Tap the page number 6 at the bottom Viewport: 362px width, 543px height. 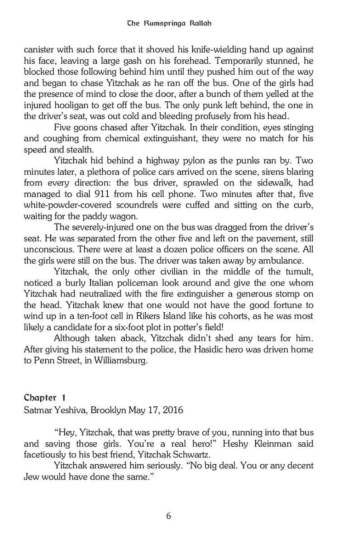click(x=168, y=516)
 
